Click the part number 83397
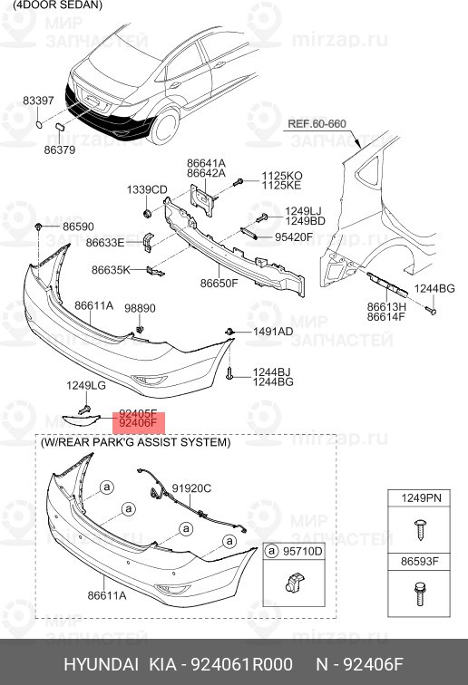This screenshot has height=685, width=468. pos(38,101)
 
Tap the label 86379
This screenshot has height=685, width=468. pos(60,150)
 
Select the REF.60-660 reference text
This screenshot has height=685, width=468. pos(317,123)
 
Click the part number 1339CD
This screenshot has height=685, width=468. pos(147,190)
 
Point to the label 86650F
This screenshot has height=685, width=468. pos(219,283)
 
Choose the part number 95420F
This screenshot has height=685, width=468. pos(294,237)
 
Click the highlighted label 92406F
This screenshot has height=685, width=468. pos(138,423)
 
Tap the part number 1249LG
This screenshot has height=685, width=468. pos(86,386)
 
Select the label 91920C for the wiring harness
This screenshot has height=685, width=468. pos(191,488)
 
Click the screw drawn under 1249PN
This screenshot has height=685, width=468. pos(420,529)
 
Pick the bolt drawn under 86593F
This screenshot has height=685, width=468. pos(420,593)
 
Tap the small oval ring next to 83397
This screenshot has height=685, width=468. pos(39,125)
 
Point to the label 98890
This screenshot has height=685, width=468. pos(140,308)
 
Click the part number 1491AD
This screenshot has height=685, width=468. pos(273,332)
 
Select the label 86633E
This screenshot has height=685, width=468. pos(105,243)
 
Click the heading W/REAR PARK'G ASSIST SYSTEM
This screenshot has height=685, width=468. pos(135,442)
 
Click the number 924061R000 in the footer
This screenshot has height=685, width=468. pos(240,664)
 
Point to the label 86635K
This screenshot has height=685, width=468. pos(111,270)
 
